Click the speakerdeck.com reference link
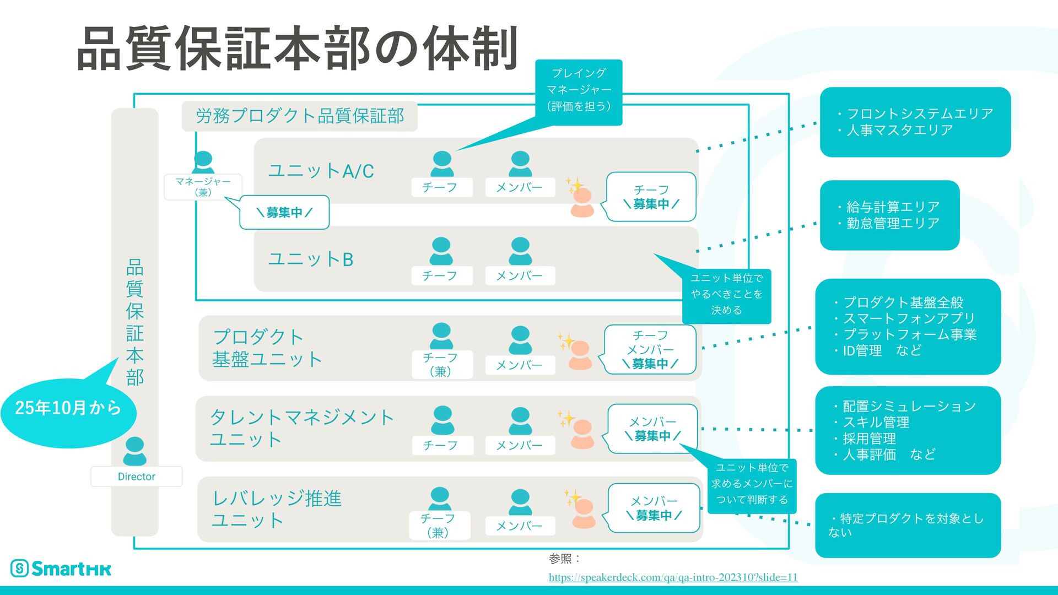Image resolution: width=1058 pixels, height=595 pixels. (673, 577)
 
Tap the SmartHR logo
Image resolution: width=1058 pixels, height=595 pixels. (61, 568)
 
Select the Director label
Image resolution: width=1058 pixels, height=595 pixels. (136, 477)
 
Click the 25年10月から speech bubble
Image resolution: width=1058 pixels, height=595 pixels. (68, 408)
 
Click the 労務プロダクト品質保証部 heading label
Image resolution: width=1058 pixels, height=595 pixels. (300, 116)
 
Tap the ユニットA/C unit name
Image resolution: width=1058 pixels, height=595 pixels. (321, 171)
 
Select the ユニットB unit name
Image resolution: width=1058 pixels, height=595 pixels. (310, 259)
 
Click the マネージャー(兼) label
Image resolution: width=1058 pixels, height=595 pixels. (203, 187)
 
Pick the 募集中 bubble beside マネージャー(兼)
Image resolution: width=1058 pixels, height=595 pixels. (284, 212)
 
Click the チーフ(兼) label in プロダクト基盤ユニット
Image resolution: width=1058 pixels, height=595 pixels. (441, 364)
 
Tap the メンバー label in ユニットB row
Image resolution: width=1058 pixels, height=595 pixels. (520, 275)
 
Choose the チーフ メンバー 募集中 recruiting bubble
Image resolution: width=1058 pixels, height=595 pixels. (650, 349)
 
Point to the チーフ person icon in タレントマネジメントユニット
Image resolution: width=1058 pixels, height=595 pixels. (442, 420)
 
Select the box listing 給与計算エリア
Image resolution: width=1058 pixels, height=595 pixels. (889, 215)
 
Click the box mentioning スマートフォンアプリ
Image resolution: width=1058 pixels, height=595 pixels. (908, 326)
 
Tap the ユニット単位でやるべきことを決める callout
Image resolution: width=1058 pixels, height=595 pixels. (726, 295)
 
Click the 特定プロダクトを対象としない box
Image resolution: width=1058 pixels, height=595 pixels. (908, 524)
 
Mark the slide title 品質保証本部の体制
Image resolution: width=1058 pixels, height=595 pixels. (298, 48)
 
